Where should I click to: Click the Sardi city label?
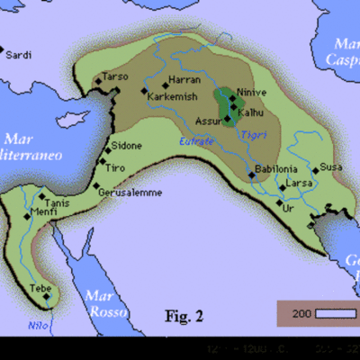[19, 56]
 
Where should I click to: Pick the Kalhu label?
[248, 107]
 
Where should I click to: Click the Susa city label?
[328, 168]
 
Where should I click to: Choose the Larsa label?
[299, 184]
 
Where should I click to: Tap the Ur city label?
[288, 209]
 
